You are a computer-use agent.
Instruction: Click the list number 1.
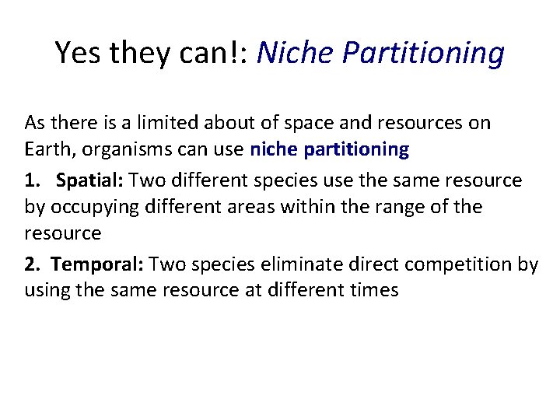pos(31,180)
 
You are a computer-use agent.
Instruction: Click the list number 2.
pos(31,264)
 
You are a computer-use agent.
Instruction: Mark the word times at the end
pos(375,291)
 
